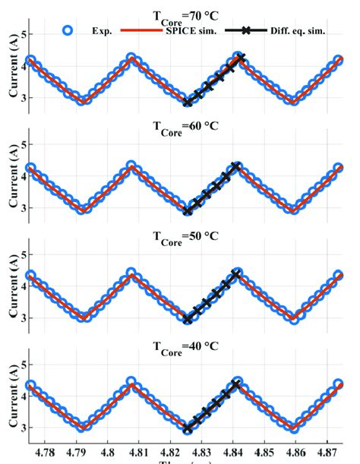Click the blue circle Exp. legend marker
68,30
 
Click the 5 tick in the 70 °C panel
25,35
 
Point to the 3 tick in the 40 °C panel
25,428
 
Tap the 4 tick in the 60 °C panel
25,176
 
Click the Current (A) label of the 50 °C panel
11,291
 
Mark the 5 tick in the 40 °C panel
25,365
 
